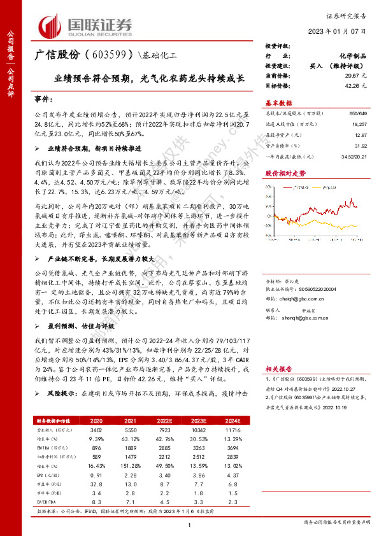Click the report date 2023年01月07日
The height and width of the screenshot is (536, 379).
337,31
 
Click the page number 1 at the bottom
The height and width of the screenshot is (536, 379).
190,524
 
